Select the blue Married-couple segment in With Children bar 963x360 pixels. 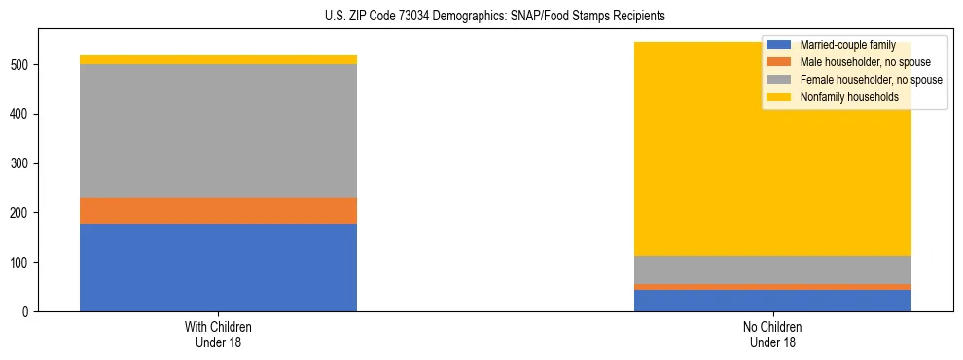tap(218, 268)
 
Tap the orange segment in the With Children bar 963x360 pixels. tap(218, 211)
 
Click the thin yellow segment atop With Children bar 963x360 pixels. tap(218, 60)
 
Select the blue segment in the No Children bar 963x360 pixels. tap(772, 301)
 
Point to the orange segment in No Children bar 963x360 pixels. tap(772, 287)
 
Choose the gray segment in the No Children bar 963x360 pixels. tap(772, 270)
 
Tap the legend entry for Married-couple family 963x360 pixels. tap(846, 45)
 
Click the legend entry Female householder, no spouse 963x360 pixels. tap(870, 80)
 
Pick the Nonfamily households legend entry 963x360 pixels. tap(848, 97)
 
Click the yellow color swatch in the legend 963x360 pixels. tap(779, 97)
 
